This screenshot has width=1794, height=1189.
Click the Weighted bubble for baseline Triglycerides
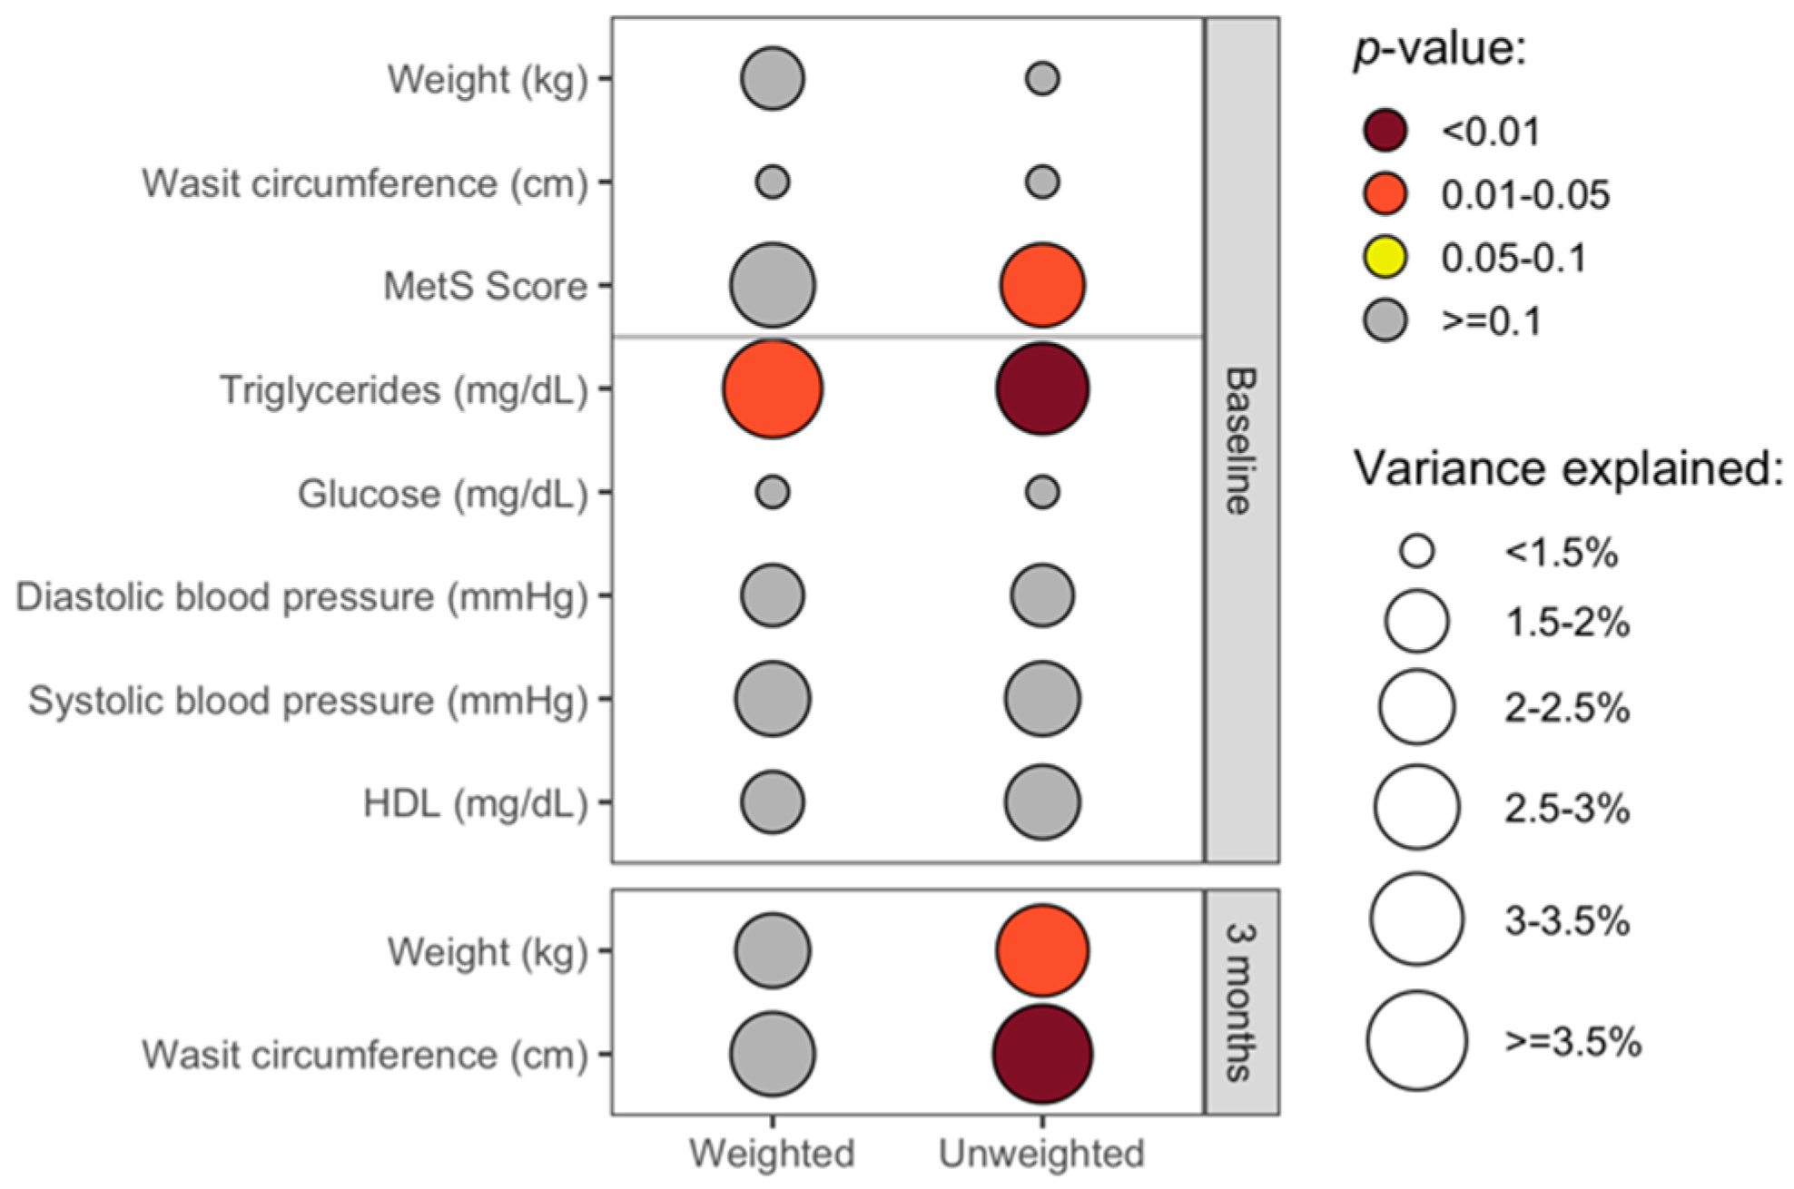click(772, 389)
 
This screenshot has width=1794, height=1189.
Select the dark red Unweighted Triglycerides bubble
click(1041, 389)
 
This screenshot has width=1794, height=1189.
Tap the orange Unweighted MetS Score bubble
click(1041, 285)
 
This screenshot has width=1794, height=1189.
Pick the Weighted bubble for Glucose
click(772, 493)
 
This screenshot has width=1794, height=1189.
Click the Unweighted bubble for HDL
click(1041, 802)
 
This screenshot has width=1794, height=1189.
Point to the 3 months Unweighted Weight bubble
click(1041, 950)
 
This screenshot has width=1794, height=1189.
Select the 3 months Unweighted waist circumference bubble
click(1041, 1054)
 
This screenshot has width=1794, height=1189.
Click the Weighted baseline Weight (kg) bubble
click(772, 79)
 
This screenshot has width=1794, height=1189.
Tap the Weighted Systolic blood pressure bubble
click(772, 699)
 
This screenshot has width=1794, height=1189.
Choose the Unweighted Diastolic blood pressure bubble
click(1041, 596)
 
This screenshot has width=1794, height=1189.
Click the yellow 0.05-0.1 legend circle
click(1385, 258)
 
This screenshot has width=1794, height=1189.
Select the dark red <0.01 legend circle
click(1385, 131)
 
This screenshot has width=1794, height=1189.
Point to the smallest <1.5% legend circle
click(1416, 551)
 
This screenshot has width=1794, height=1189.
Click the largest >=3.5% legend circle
click(1416, 1040)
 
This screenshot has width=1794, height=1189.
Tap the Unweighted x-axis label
click(1041, 1154)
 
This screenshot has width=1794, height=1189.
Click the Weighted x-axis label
click(772, 1154)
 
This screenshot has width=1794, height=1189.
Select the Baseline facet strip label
click(1241, 440)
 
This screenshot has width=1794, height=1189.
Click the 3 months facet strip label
click(1241, 1002)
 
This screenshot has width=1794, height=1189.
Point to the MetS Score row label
click(485, 286)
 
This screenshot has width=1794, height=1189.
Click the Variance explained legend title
click(1568, 469)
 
